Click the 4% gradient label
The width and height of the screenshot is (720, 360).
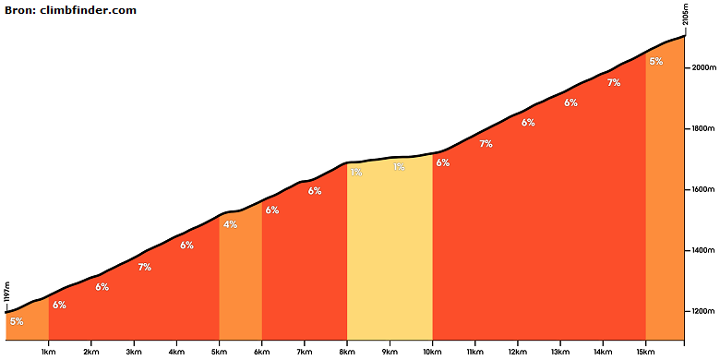[x=230, y=224]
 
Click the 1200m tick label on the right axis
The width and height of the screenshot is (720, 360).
[x=704, y=312]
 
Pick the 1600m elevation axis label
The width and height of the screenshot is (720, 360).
[x=704, y=189]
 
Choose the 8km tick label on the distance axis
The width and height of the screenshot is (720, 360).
[x=347, y=353]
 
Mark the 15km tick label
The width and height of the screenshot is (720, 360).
[x=645, y=353]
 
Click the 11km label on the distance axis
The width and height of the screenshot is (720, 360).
[x=474, y=353]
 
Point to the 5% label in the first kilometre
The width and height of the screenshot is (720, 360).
[x=17, y=321]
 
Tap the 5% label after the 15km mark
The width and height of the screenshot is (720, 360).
[x=656, y=61]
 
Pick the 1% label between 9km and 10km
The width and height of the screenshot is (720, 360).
[x=399, y=167]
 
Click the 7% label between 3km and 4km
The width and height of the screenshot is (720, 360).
[x=145, y=267]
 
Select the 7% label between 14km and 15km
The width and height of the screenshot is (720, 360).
[x=614, y=83]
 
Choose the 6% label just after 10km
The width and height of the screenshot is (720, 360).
[x=443, y=162]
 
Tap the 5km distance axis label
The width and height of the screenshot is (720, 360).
[x=219, y=353]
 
